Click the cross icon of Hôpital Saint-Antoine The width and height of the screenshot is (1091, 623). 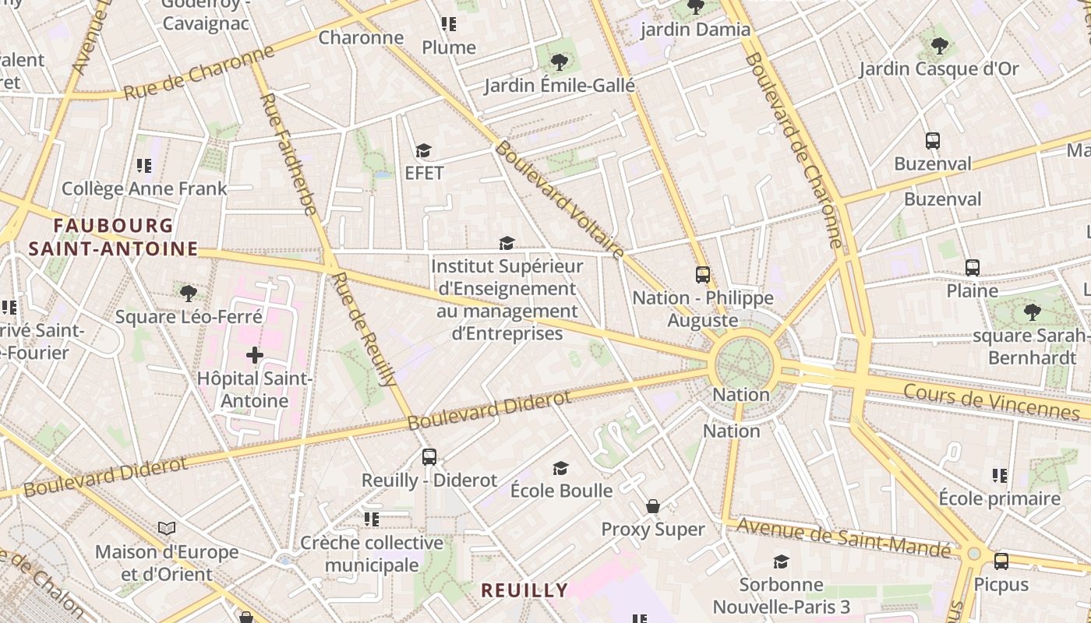[255, 355]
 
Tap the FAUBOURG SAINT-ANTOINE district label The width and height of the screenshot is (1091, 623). [114, 238]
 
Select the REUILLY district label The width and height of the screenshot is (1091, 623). [524, 590]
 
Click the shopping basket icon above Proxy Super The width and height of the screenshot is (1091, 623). [653, 507]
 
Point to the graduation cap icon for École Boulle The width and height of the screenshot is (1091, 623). [560, 468]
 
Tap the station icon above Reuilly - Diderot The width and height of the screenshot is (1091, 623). [429, 457]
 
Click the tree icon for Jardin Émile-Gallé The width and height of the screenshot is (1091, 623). [559, 62]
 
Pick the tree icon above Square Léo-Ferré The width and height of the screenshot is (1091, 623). [188, 294]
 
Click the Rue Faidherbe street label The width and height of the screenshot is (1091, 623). [288, 154]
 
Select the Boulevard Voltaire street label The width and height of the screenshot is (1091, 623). [560, 200]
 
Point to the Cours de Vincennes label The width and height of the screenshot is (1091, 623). [991, 401]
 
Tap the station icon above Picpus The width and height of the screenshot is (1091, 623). [1001, 561]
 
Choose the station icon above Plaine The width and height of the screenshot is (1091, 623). [973, 268]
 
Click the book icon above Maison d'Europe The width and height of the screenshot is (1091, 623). [167, 529]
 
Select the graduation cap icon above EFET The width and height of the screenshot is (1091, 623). [423, 150]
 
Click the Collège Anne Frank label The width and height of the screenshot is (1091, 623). [144, 188]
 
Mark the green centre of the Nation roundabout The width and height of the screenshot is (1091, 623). [743, 362]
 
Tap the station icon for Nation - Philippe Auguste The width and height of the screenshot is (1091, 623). [703, 275]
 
